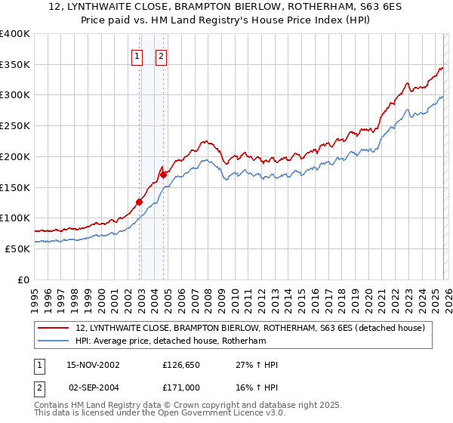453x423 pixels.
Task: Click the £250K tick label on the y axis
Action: [15, 126]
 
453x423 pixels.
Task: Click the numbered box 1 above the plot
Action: [137, 55]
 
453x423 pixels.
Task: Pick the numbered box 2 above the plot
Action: [162, 55]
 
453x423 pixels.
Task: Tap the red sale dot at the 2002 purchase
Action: [139, 202]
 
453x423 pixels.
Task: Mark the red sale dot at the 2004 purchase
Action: [163, 174]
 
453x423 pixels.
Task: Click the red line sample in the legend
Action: [54, 329]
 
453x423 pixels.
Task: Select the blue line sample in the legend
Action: [54, 341]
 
